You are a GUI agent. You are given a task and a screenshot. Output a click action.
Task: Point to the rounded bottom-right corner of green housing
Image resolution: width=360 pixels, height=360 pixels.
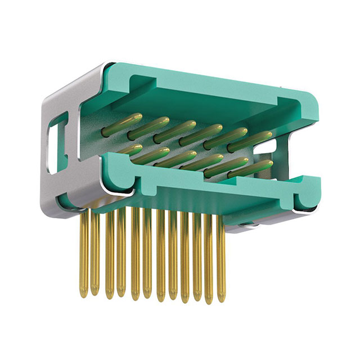pyautogui.click(x=313, y=206)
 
